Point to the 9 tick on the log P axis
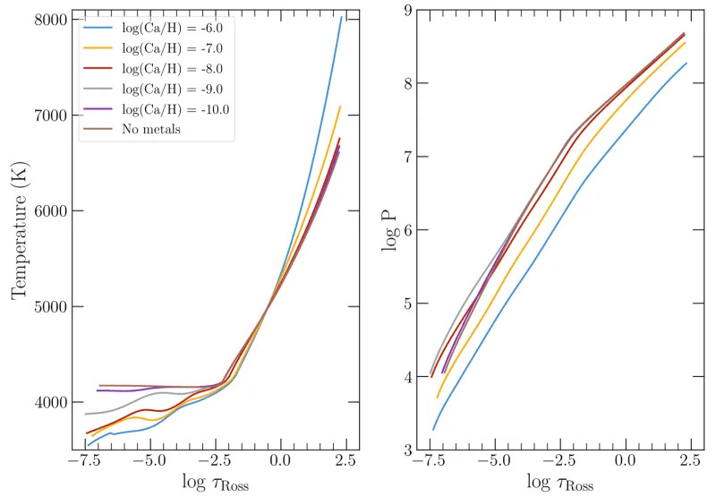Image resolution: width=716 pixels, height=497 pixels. pos(408,11)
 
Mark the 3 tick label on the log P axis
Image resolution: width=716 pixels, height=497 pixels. pos(408,450)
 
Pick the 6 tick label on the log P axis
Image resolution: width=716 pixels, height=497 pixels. pos(408,230)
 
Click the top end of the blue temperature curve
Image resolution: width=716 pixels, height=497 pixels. pos(342,17)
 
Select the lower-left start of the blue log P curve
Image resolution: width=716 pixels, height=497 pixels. pos(433,430)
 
